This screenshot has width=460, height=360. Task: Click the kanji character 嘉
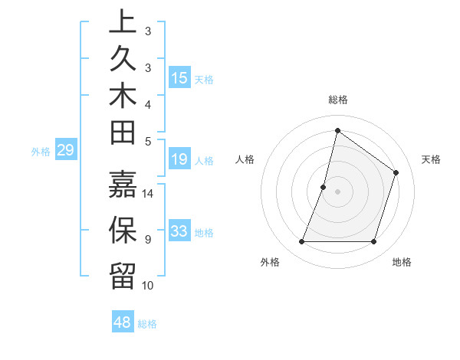(x=123, y=185)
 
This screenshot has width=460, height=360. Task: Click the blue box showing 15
(x=179, y=78)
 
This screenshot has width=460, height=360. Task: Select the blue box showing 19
(x=179, y=159)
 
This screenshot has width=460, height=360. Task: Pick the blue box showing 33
(x=179, y=231)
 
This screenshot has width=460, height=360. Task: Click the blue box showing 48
(x=123, y=322)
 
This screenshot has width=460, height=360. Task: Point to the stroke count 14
(x=148, y=193)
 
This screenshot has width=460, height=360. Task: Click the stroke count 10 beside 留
(x=148, y=286)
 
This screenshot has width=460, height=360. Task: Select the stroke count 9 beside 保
(x=148, y=240)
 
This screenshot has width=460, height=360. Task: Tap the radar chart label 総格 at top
(x=337, y=100)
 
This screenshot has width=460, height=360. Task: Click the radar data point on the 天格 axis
(x=396, y=172)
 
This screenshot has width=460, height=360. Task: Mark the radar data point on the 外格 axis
(x=301, y=242)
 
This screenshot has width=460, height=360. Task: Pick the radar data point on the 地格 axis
(x=374, y=242)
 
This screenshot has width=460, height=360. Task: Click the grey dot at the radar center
(x=337, y=191)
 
